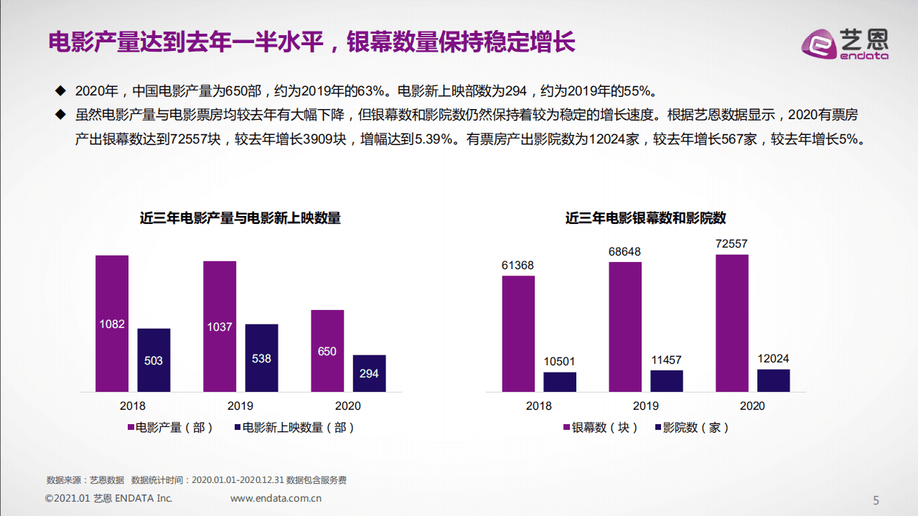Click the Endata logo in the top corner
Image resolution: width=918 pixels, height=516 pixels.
pyautogui.click(x=845, y=44)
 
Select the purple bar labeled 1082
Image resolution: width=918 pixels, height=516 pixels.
pyautogui.click(x=112, y=324)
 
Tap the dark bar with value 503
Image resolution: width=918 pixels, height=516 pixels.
pyautogui.click(x=154, y=360)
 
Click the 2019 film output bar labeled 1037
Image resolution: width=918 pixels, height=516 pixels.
pyautogui.click(x=220, y=327)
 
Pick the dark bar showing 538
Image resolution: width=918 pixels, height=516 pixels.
pyautogui.click(x=261, y=357)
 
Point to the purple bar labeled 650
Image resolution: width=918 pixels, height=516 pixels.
pyautogui.click(x=327, y=351)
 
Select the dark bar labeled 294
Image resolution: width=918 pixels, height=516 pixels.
pyautogui.click(x=369, y=373)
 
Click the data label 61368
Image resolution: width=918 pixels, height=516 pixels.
pyautogui.click(x=517, y=266)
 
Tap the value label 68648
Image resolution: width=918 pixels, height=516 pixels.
pyautogui.click(x=624, y=252)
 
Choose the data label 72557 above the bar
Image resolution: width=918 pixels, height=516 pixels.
pyautogui.click(x=731, y=244)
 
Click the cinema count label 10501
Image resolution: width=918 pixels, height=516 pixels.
pyautogui.click(x=559, y=362)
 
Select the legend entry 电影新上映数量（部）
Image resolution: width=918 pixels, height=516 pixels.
pyautogui.click(x=295, y=427)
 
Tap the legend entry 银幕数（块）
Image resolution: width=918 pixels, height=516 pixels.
pyautogui.click(x=600, y=427)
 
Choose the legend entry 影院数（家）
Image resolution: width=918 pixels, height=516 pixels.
pyautogui.click(x=692, y=427)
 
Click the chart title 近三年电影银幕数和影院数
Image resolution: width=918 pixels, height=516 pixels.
pyautogui.click(x=645, y=218)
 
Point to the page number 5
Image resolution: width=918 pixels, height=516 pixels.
pyautogui.click(x=875, y=500)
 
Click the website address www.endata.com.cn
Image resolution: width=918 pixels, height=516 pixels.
pyautogui.click(x=276, y=498)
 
